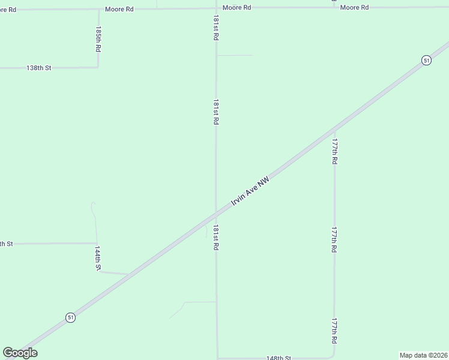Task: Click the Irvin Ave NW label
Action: tap(251, 192)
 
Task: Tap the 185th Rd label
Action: tap(98, 38)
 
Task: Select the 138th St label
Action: tap(39, 68)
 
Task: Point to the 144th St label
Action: tap(97, 257)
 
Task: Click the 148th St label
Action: tap(279, 358)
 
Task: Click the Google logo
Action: tap(20, 353)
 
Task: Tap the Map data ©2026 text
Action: tap(423, 355)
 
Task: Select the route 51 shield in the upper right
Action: tap(426, 60)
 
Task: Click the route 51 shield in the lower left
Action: tap(71, 317)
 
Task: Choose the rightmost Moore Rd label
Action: tap(354, 7)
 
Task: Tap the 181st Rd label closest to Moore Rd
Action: tap(215, 28)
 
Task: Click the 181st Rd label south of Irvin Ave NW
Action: tap(215, 238)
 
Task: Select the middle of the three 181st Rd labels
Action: tap(215, 112)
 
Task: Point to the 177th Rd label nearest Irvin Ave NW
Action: tap(334, 152)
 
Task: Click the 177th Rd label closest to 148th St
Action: tap(334, 331)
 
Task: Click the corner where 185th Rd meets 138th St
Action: tap(98, 67)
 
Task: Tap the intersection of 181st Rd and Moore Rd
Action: tap(216, 8)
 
